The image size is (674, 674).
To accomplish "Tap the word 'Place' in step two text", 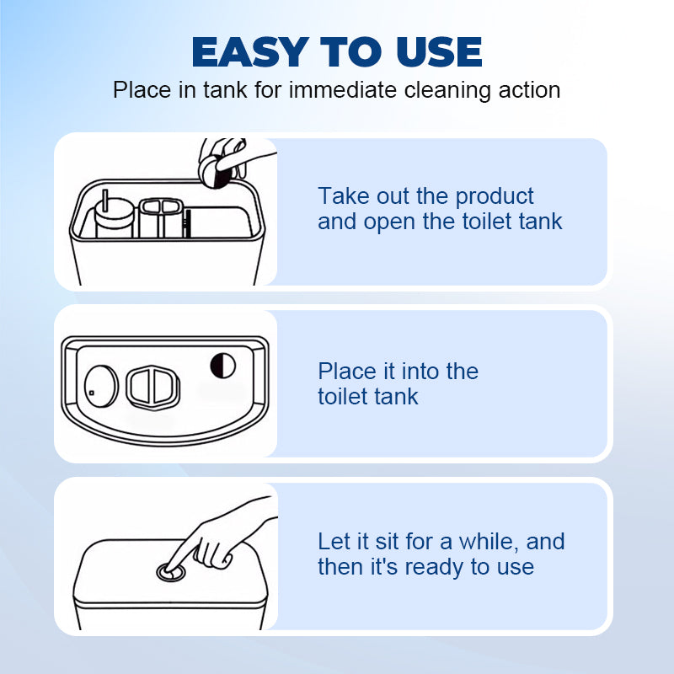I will click(x=346, y=372).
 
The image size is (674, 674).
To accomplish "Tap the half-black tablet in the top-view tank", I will click(x=222, y=364).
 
